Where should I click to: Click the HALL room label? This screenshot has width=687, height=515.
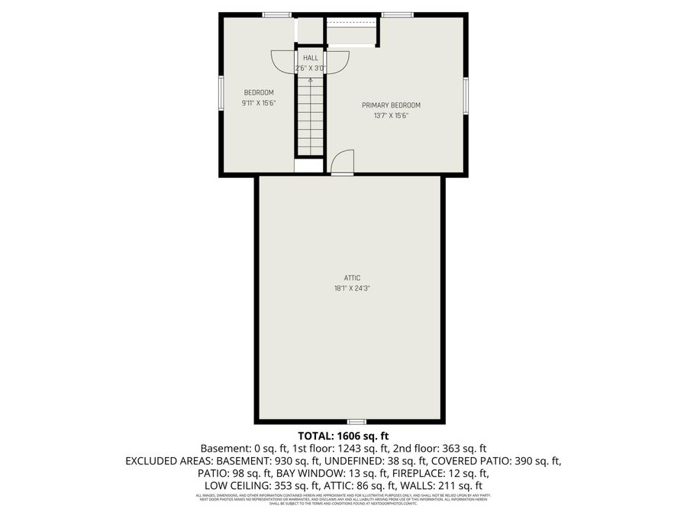pos(311,58)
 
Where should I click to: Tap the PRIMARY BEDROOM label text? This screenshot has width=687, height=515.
pos(391,105)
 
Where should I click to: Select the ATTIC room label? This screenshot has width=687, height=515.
pos(351,278)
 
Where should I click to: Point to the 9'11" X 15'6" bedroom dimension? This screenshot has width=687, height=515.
pos(259,103)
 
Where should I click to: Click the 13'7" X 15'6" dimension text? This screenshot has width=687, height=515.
pos(391,116)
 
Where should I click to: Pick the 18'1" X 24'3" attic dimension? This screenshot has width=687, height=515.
pos(351,288)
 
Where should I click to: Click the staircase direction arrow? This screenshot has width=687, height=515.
pos(310,79)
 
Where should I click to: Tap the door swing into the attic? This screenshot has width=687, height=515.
pos(343,162)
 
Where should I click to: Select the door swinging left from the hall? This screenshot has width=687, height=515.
pos(283,60)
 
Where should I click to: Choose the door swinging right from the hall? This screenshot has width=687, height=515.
pos(338,60)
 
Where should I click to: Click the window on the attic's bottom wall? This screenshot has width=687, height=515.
pos(356,421)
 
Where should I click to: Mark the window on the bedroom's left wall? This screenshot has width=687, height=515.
pos(221,95)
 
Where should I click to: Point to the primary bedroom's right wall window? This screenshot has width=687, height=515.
pos(465,95)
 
